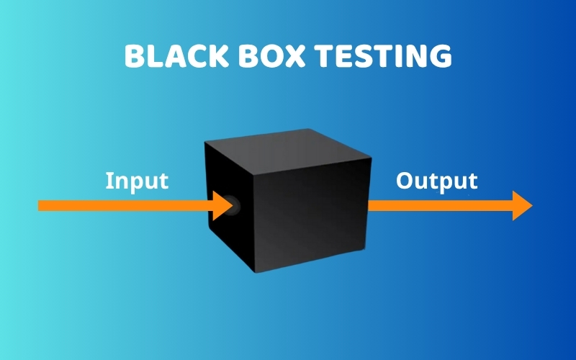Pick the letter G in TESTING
[441, 56]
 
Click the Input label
[137, 181]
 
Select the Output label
[436, 181]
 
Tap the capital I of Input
[109, 180]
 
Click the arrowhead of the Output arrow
[521, 206]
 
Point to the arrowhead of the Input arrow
[223, 206]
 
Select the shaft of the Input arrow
[122, 206]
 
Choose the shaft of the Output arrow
[439, 206]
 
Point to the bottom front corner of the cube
[256, 271]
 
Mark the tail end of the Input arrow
[40, 206]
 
